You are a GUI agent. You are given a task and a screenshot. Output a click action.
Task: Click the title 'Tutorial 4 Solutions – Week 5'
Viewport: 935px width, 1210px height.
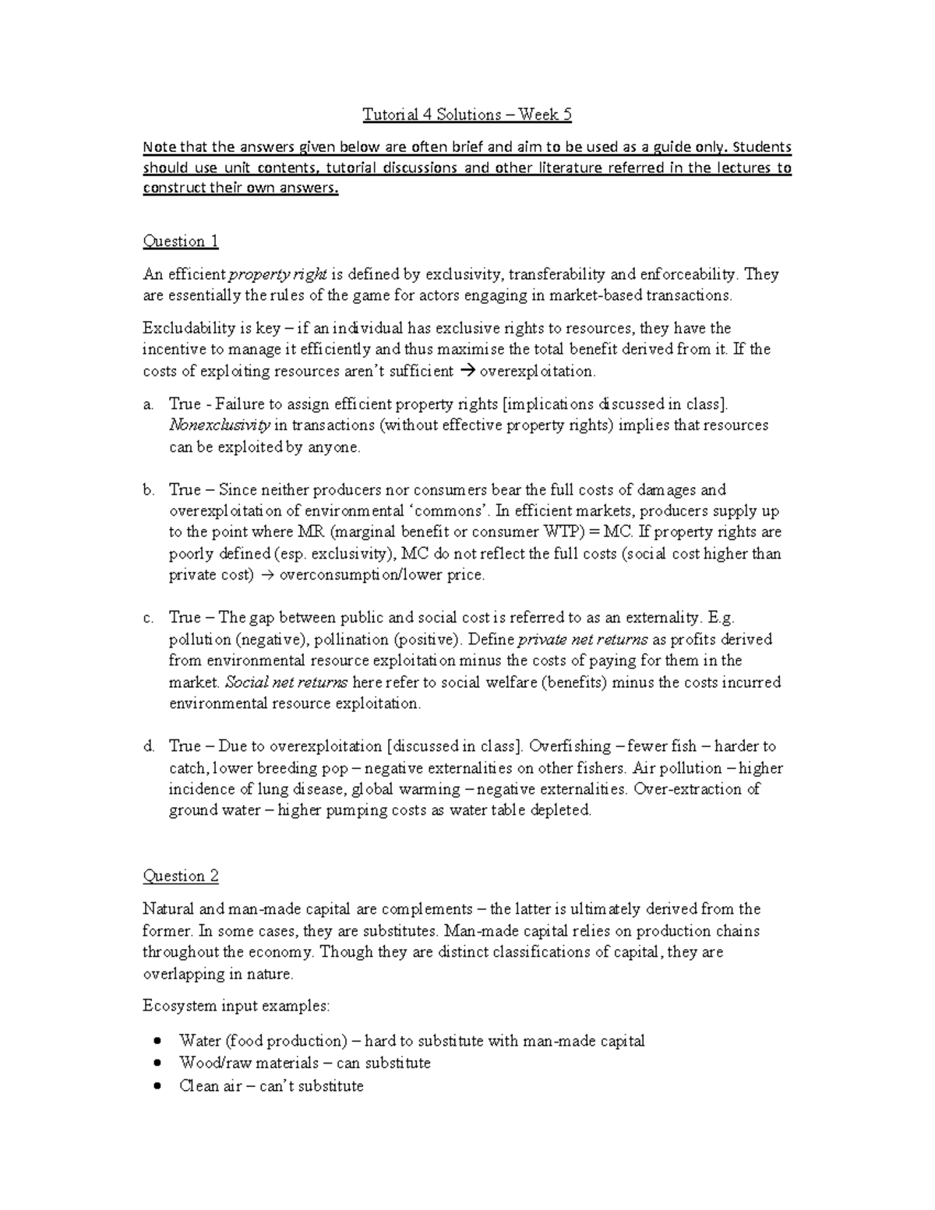(467, 115)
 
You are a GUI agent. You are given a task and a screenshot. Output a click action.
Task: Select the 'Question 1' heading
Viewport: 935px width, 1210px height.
(180, 242)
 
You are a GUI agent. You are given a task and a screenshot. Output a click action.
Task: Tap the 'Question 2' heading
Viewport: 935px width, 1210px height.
(180, 877)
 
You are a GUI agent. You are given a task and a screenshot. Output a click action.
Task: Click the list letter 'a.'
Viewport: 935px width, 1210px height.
(148, 404)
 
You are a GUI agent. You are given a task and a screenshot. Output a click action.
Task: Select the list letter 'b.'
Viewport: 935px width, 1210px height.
(148, 490)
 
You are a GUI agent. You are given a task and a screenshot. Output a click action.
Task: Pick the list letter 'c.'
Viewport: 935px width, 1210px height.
(148, 618)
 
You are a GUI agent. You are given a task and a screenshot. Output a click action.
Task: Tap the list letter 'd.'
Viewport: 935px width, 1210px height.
(148, 746)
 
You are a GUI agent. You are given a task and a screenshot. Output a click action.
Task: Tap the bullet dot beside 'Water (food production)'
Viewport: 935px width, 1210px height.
(159, 1041)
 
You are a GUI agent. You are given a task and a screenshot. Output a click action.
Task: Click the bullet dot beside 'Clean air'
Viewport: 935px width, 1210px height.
(159, 1086)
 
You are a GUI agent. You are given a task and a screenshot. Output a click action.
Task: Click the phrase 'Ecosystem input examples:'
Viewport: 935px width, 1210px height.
(236, 1006)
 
